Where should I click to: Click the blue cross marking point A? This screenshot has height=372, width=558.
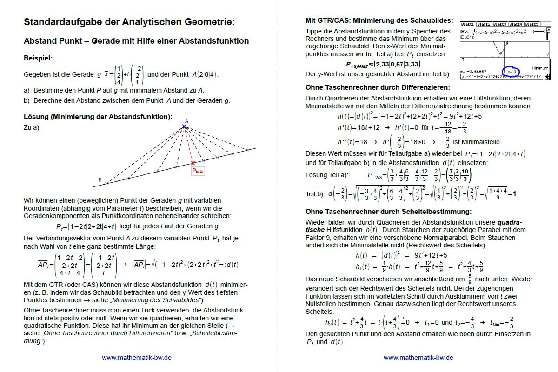tap(184, 126)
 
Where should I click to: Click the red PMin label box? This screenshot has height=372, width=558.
tap(198, 171)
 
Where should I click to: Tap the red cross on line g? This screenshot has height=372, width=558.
tap(193, 163)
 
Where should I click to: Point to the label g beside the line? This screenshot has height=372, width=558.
tap(100, 179)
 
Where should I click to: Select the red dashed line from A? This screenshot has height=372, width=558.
tap(188, 144)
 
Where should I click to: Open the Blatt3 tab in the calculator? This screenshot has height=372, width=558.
tap(500, 24)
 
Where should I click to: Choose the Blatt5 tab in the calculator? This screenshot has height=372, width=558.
tap(531, 24)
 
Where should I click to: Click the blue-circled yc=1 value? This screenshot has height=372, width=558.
tap(513, 71)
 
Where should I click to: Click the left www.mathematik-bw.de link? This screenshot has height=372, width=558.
tap(137, 358)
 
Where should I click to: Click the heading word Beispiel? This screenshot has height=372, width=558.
tap(38, 59)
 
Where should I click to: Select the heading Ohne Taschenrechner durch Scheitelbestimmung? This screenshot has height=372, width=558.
tap(388, 212)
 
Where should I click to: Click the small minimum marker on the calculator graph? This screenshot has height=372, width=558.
tap(500, 53)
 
